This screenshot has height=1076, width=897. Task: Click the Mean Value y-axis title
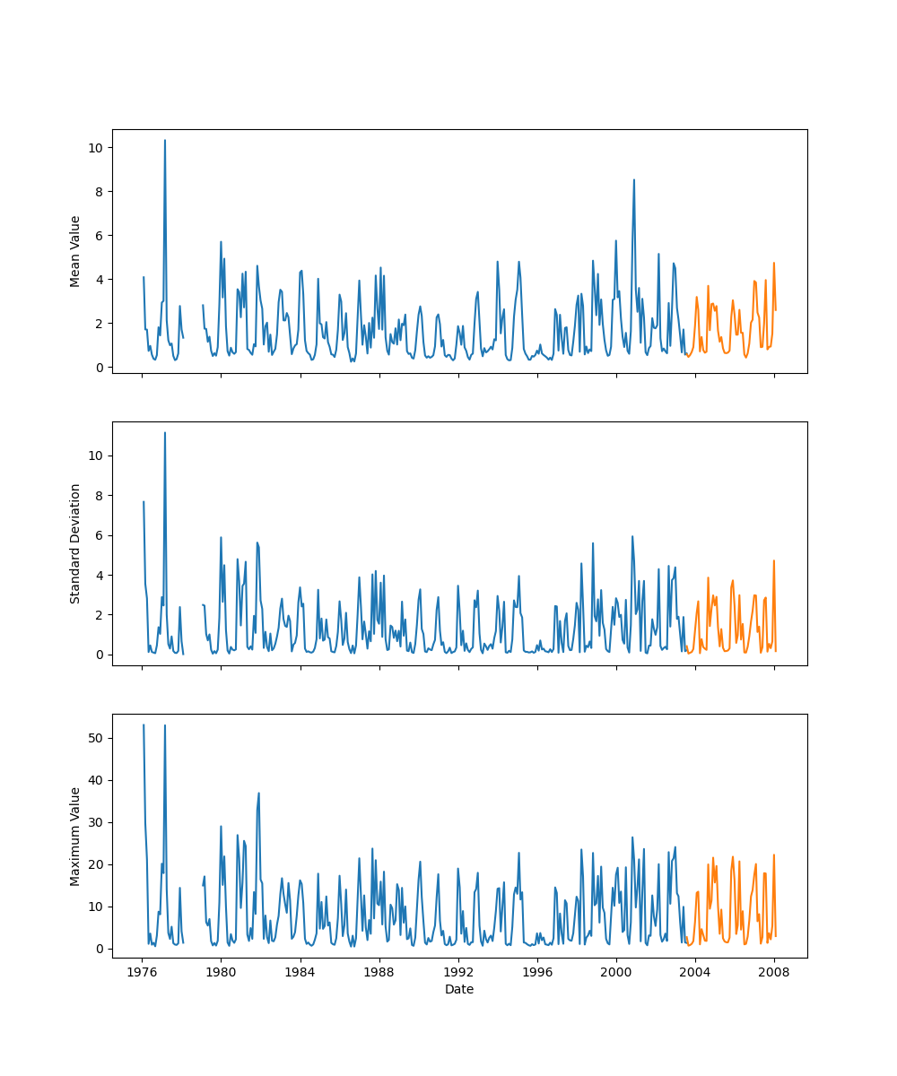pos(75,251)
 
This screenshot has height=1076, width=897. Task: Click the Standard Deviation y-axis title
pos(75,543)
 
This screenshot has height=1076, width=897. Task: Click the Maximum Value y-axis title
pos(75,836)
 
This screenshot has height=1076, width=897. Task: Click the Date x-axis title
pos(459,990)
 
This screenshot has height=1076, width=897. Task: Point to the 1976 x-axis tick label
pos(142,972)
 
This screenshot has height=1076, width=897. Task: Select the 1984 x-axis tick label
pos(300,972)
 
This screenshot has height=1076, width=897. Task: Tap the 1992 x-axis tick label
pos(458,972)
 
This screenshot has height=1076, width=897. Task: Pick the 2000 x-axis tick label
pos(616,972)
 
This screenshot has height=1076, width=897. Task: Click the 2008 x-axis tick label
pos(775,972)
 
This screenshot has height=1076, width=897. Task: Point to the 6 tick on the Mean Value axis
pos(99,235)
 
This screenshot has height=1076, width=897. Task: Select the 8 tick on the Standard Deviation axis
pos(99,495)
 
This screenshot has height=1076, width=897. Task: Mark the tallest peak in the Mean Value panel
pos(165,141)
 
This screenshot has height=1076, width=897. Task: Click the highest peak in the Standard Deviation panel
pos(165,433)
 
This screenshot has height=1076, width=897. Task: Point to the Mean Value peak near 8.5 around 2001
pos(634,180)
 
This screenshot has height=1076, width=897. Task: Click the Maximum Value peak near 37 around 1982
pos(259,793)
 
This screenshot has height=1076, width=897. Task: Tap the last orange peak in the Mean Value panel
pos(773,264)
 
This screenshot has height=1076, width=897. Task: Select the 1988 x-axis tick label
pos(379,972)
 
